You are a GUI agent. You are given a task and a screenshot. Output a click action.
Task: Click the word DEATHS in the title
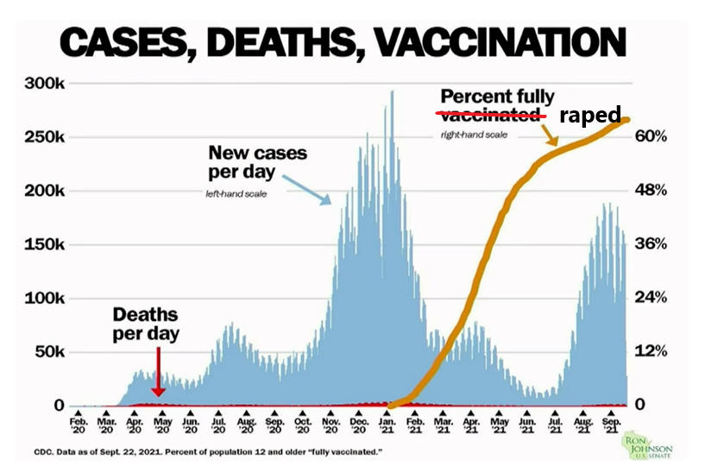click(283, 42)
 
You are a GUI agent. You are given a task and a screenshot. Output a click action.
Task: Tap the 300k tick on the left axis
click(45, 83)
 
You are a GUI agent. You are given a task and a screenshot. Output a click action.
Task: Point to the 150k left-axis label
click(45, 244)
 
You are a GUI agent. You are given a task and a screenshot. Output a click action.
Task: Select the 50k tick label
click(49, 352)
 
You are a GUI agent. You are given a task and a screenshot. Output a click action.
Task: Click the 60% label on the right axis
click(651, 135)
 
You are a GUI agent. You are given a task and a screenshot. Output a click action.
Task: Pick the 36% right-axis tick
click(651, 243)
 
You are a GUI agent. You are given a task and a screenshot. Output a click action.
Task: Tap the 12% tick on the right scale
click(651, 351)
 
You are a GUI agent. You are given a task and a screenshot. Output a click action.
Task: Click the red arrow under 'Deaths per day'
click(158, 372)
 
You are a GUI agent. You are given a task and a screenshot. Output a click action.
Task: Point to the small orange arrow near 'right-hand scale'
click(550, 135)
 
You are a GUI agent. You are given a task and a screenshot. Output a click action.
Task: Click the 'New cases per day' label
click(257, 162)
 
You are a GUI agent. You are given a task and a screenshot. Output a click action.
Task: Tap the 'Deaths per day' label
click(146, 324)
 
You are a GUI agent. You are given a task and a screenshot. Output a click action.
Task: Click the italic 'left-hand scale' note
click(236, 194)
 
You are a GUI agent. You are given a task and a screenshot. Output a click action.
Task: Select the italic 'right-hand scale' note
click(474, 135)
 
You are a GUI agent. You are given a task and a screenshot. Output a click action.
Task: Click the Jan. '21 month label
click(387, 425)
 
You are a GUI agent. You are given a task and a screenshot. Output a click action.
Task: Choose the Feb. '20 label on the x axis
click(79, 425)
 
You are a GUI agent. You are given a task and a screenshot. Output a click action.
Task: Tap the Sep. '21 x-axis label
click(611, 425)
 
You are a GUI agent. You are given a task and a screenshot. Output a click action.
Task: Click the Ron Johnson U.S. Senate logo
click(646, 446)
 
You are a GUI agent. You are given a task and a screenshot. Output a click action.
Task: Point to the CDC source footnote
click(208, 452)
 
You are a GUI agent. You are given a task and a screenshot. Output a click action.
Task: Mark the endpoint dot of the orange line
click(626, 120)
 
